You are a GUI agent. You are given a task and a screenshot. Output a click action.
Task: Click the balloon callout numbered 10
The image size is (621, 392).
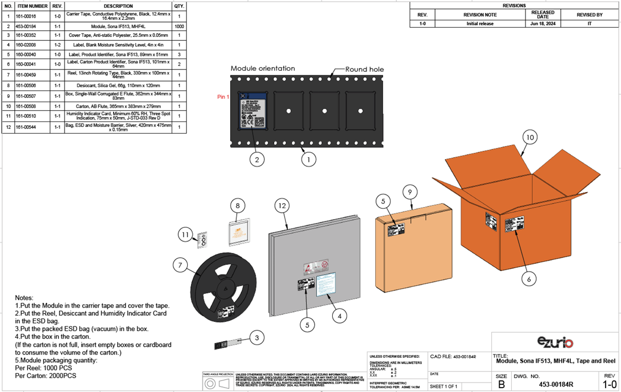point(529,137)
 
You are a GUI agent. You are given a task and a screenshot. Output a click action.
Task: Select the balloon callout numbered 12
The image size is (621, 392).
point(282,206)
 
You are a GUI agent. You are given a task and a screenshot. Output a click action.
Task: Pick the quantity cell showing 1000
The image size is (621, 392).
point(179,26)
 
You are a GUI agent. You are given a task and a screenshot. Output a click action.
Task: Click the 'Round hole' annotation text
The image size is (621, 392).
point(364,69)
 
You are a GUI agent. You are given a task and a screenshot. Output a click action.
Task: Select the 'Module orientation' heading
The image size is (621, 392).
point(263,68)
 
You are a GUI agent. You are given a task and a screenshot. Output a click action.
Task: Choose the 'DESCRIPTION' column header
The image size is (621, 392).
point(118,6)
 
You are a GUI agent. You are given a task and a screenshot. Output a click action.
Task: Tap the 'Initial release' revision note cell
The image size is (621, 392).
point(480,24)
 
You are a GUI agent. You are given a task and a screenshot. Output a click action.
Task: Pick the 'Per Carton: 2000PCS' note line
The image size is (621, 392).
point(46,375)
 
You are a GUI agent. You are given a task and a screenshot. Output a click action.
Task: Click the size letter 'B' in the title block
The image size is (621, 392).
point(501,384)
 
